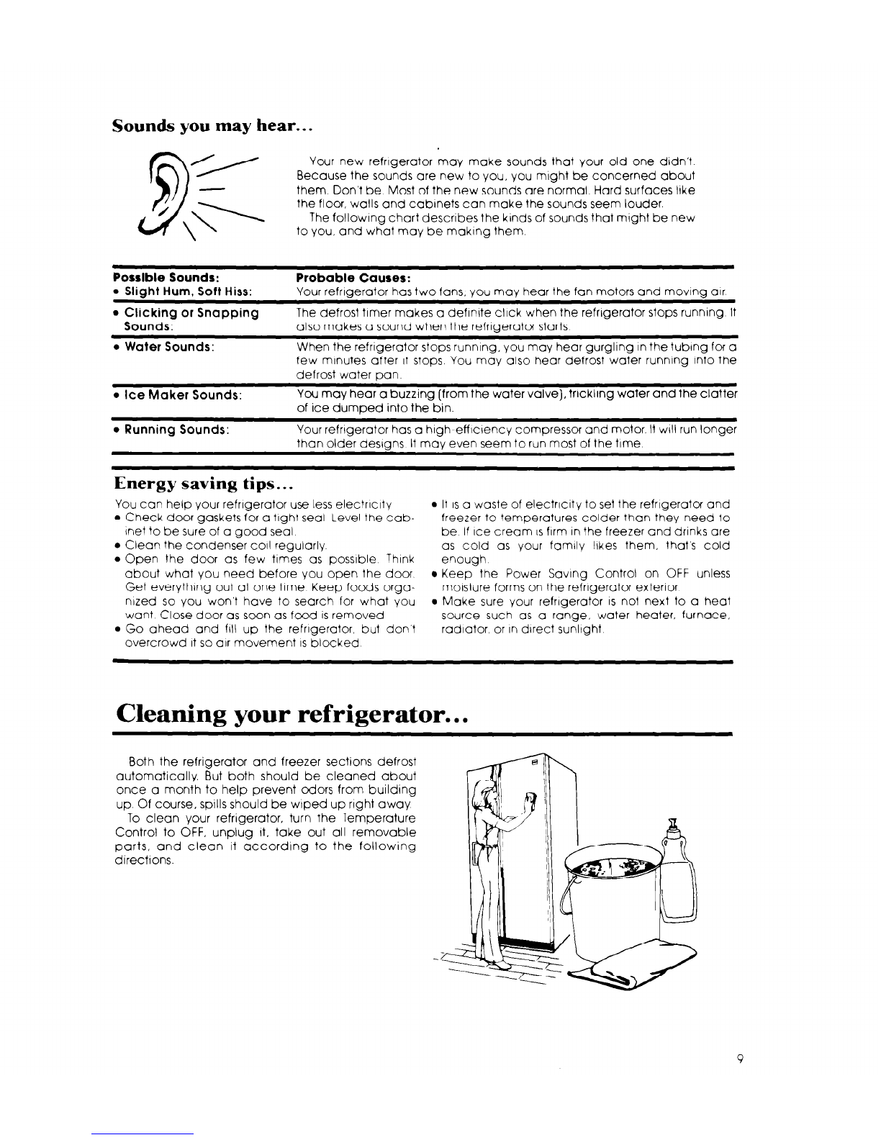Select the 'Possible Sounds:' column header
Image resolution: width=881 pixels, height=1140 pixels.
166,277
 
